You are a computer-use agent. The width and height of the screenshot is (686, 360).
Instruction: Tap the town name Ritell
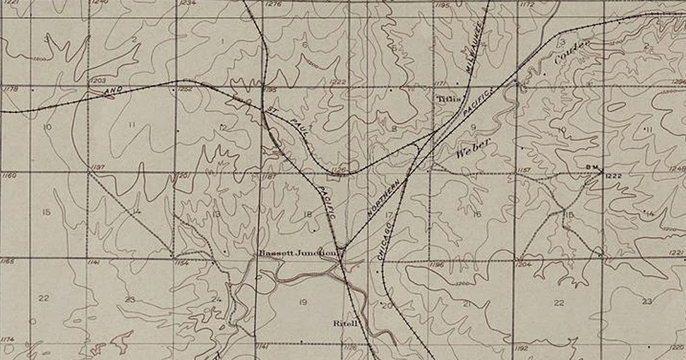coord(346,323)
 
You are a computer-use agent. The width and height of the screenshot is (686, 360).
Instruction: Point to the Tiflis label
coord(448,98)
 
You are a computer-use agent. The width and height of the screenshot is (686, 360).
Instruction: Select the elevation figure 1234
coord(188,3)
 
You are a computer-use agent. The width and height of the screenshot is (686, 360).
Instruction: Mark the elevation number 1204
coord(524,265)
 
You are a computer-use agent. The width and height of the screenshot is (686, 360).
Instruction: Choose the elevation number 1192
coord(521,347)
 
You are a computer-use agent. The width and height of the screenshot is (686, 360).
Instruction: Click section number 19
coord(303,302)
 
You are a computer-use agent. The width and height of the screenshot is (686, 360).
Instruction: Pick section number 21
coord(467,303)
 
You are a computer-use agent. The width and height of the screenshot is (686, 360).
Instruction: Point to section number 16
coord(476,214)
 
